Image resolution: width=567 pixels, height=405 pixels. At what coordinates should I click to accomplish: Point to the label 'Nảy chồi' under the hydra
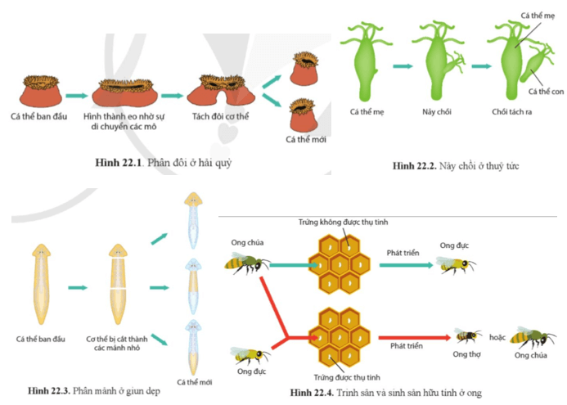tap(439, 111)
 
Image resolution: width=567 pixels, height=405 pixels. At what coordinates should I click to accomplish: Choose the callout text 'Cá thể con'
tap(546, 91)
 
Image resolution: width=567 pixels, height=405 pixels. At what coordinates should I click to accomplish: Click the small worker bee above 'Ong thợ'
tap(468, 336)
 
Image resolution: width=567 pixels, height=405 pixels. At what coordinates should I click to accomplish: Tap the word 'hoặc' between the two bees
tap(497, 334)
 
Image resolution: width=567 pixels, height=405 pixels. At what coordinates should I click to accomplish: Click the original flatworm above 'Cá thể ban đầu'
tap(45, 282)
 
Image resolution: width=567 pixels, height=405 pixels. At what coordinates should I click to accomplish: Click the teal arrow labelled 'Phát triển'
tap(401, 265)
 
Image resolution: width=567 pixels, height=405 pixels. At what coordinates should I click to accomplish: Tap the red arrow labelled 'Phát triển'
tap(409, 335)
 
